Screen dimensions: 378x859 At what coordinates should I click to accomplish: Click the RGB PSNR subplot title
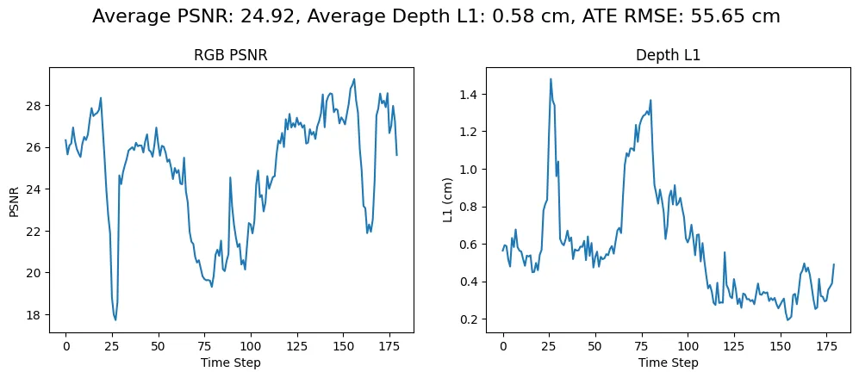(x=230, y=56)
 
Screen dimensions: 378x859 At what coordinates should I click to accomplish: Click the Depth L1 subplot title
(x=668, y=56)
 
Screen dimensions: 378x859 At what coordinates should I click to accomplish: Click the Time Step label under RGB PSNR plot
(x=230, y=363)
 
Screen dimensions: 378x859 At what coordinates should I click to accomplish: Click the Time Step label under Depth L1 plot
(x=668, y=363)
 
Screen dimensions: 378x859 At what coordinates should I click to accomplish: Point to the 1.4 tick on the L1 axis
(x=470, y=94)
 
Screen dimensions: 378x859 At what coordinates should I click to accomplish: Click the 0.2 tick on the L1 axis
(x=470, y=319)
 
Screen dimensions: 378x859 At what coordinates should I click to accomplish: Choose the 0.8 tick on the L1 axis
(x=470, y=207)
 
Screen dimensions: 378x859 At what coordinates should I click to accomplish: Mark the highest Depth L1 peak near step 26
(x=551, y=79)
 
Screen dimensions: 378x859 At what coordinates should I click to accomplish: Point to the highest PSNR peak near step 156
(x=354, y=79)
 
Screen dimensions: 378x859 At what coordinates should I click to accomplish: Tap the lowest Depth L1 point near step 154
(x=787, y=319)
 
